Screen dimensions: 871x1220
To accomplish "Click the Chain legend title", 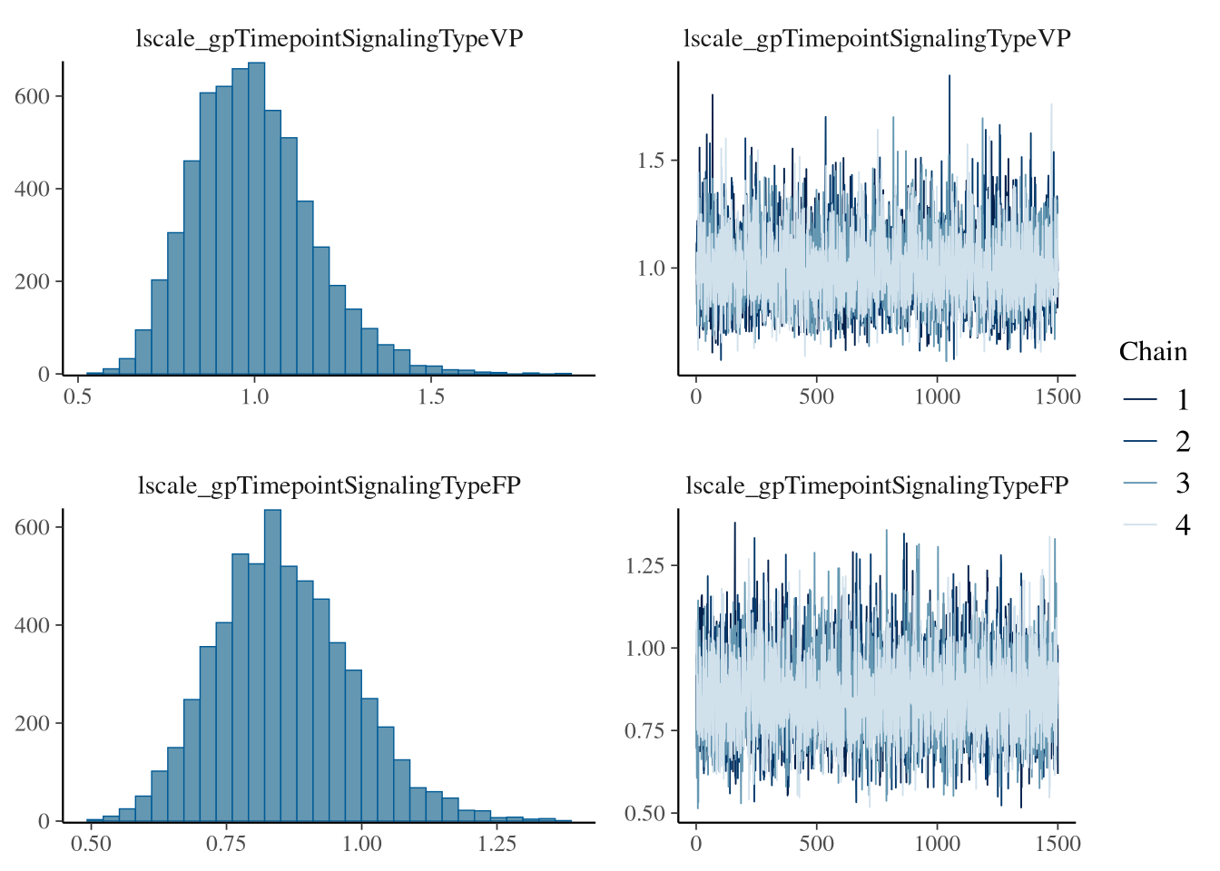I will [1153, 352].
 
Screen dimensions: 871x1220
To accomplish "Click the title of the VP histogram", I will [330, 39].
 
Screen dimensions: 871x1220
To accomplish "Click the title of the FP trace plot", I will [877, 486].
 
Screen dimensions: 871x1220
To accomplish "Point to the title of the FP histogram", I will [330, 486].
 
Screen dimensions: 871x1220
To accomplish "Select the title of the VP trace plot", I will [877, 39].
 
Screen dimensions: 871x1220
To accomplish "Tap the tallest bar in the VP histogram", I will [256, 218].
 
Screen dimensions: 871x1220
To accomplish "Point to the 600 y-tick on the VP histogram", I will [33, 96].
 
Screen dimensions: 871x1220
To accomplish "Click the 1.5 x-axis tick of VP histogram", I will [431, 397].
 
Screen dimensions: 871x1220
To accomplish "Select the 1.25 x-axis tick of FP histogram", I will [497, 845].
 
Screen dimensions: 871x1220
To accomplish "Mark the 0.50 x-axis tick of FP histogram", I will [91, 845].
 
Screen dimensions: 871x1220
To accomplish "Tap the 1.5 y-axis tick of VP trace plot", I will [651, 161].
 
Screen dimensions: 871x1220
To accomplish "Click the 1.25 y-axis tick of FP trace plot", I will [644, 566].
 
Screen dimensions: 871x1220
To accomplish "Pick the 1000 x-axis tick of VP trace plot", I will [937, 397].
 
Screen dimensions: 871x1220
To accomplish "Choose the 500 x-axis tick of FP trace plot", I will [816, 845].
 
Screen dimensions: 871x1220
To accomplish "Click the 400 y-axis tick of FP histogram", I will [33, 626].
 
